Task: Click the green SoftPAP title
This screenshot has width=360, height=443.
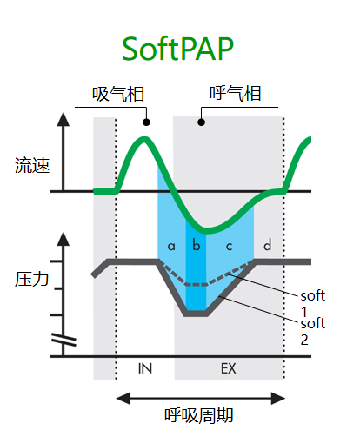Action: (x=177, y=49)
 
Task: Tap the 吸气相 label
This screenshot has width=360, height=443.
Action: (x=118, y=94)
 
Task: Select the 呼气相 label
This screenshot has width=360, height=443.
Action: (x=236, y=93)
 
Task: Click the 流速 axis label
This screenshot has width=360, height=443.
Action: (x=32, y=165)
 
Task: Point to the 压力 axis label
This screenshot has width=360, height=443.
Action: (x=31, y=279)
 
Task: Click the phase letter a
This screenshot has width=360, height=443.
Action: (x=171, y=246)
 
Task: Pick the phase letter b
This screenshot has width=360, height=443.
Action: (x=197, y=245)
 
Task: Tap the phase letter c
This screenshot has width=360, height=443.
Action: (x=229, y=247)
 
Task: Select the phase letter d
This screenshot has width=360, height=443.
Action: (x=267, y=245)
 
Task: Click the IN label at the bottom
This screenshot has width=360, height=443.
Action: (x=145, y=368)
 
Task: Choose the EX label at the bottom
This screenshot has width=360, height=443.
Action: (x=229, y=368)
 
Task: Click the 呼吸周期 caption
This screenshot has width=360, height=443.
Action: (x=199, y=415)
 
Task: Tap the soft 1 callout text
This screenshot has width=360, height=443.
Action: (x=313, y=303)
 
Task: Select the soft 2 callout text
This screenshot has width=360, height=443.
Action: (x=313, y=331)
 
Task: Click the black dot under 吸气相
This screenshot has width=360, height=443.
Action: (x=146, y=122)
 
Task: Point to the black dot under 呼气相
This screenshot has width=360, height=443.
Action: (x=202, y=122)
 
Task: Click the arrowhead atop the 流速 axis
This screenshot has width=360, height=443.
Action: (x=63, y=119)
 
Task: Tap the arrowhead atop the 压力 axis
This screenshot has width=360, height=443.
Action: (x=63, y=239)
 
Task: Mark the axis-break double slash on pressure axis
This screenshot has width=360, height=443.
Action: (x=63, y=340)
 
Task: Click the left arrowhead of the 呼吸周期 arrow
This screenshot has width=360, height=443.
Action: (x=123, y=398)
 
